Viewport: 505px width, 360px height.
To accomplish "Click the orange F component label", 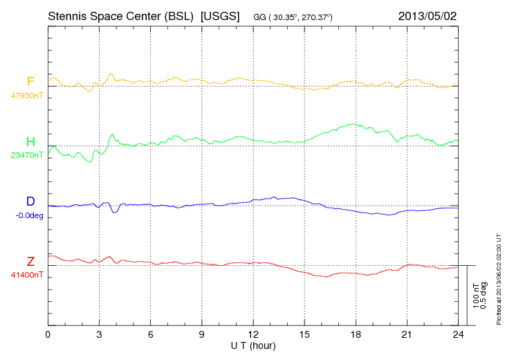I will click(x=30, y=82).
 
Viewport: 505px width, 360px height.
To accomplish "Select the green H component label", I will click(x=30, y=142).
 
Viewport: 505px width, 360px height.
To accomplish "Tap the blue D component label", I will click(x=30, y=201).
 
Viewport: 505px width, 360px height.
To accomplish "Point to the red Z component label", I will click(x=30, y=262).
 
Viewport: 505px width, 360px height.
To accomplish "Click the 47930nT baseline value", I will click(x=26, y=96).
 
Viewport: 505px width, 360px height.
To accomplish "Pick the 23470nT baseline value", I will click(x=26, y=155).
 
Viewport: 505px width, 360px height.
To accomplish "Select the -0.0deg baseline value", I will click(x=29, y=215).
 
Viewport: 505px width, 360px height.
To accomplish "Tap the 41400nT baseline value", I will click(x=26, y=275).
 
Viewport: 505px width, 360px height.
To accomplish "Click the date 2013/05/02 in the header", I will click(x=427, y=15).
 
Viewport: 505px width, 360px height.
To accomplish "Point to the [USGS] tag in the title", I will click(x=219, y=15).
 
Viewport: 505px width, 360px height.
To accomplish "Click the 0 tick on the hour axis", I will click(x=48, y=334).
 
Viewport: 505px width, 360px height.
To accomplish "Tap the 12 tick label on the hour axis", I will click(x=252, y=334).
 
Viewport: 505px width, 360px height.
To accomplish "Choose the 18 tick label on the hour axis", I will click(x=355, y=334).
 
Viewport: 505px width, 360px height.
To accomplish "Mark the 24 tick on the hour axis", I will click(x=457, y=334).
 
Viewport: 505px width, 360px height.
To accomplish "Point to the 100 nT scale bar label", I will click(x=475, y=296).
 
